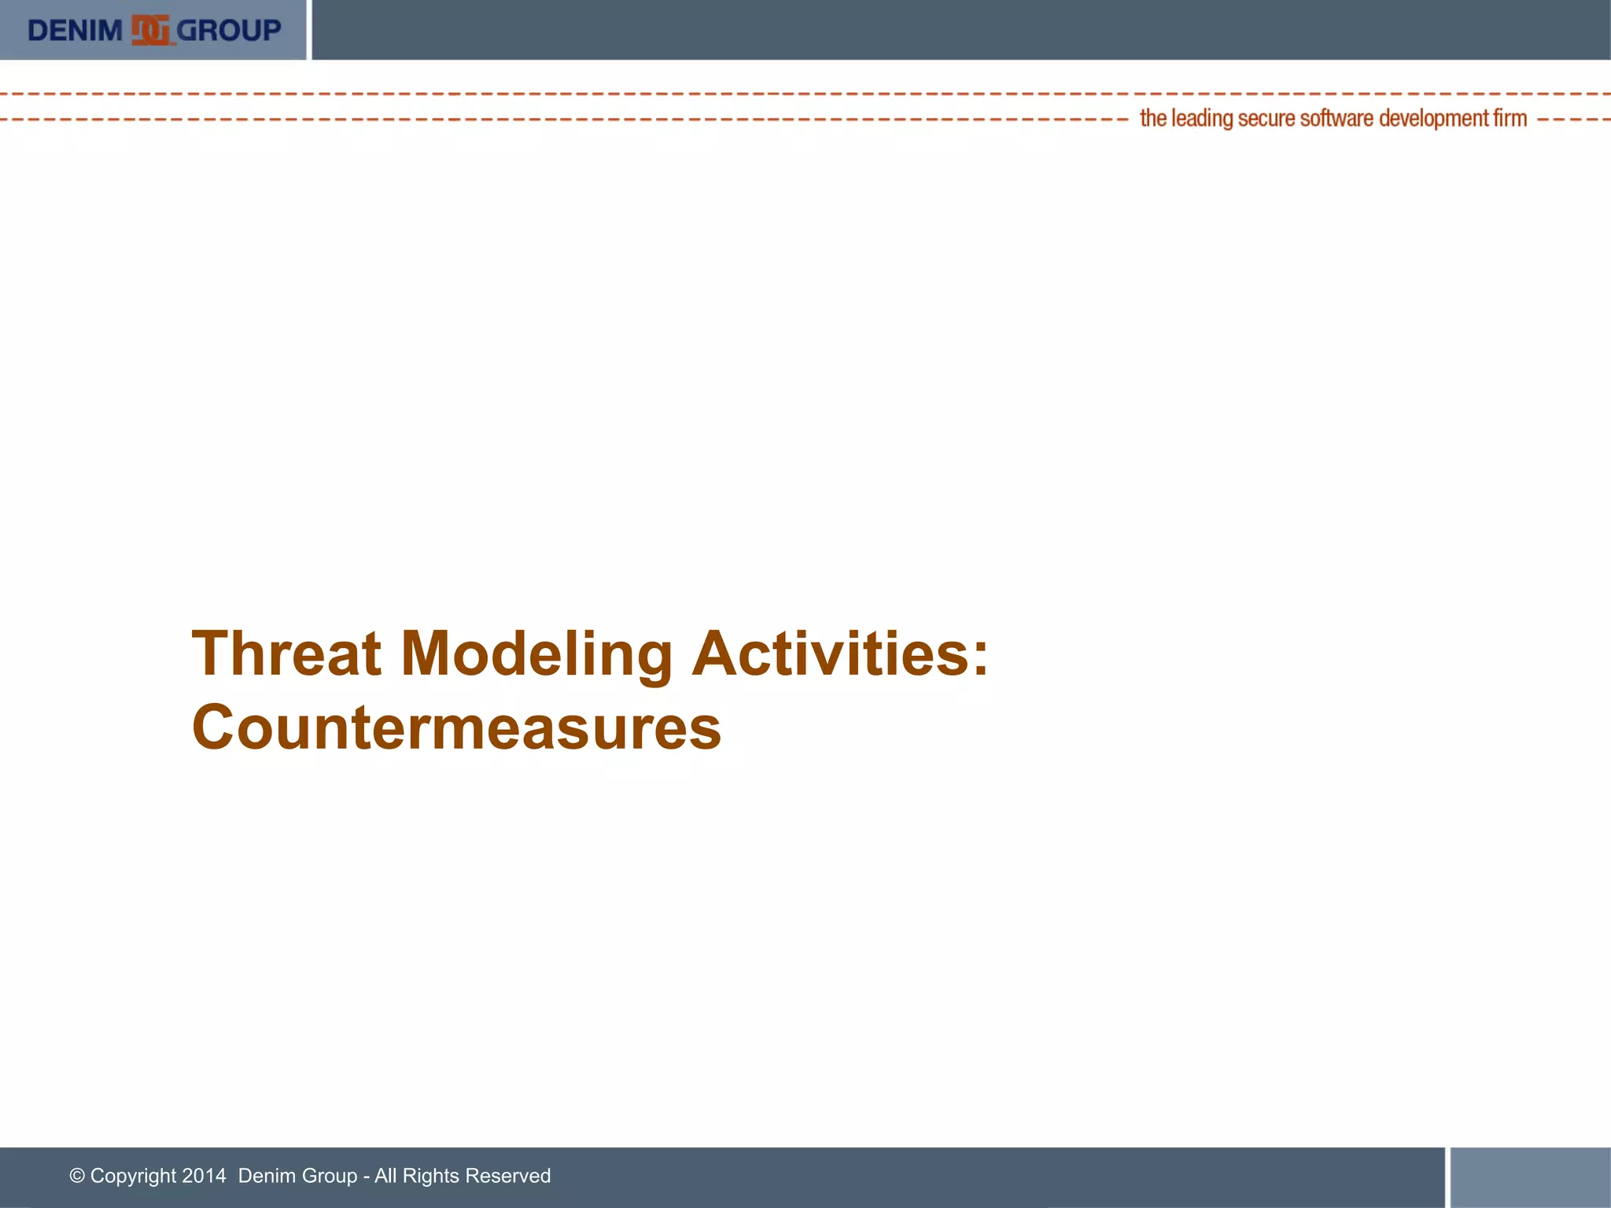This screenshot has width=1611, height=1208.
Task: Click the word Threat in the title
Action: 286,654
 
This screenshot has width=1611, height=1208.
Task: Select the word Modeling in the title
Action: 536,655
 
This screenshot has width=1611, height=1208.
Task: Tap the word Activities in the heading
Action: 831,654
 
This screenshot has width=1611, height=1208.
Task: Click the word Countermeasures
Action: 456,727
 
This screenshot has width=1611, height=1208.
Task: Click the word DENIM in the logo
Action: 75,31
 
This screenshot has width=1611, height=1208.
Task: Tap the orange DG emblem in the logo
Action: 150,31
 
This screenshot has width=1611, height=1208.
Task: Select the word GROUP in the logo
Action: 229,31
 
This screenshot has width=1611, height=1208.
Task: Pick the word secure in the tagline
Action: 1266,119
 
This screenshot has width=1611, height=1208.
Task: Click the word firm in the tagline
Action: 1510,119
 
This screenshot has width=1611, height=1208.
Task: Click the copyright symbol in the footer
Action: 77,1176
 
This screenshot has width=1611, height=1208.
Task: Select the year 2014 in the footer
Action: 204,1176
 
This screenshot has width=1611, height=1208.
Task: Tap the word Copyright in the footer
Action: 133,1176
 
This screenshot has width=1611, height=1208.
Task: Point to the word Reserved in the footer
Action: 507,1176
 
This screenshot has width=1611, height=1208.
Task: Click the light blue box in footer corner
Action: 1530,1177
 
